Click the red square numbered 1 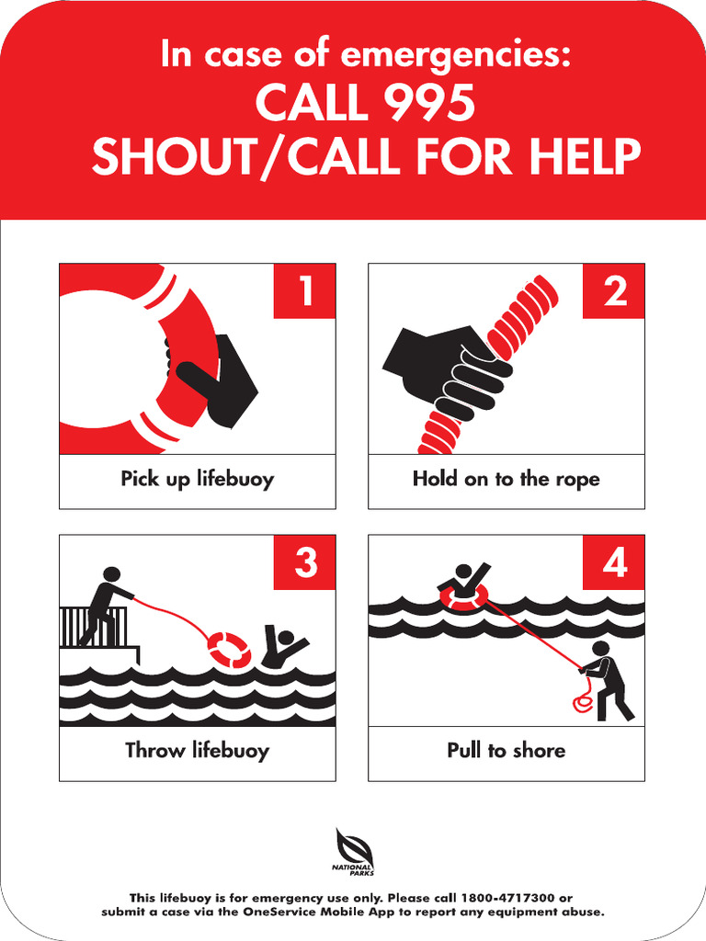304,291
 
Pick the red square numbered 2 614,291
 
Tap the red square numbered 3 304,562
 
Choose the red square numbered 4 614,562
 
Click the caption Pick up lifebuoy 197,479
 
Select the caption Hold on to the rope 506,479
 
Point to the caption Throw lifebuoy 197,751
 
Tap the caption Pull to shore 506,751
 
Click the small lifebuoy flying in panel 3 228,649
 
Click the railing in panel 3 81,627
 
